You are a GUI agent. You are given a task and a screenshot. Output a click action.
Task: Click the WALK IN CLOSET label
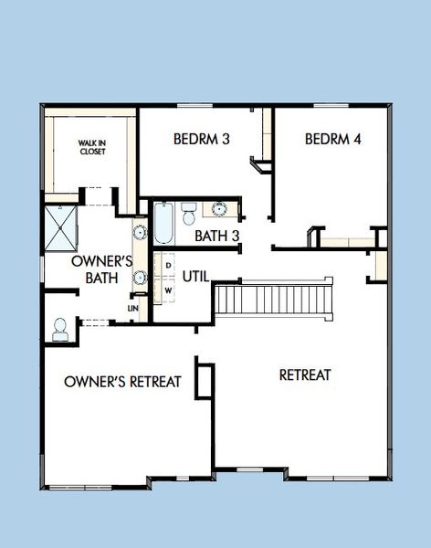coord(91,147)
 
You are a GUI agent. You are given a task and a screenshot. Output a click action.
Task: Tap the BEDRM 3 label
coord(201,140)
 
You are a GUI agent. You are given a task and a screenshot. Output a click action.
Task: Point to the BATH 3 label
coord(217,236)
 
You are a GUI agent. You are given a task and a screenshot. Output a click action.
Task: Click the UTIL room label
coord(195,276)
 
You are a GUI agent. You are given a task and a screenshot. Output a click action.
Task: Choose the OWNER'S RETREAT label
coord(123,381)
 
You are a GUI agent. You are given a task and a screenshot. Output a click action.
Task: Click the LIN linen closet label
coord(133,309)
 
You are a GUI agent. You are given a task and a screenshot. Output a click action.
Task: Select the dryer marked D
coord(169,265)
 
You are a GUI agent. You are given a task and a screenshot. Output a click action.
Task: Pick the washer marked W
coord(169,291)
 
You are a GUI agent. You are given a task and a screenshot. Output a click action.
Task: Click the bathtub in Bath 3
coord(163,223)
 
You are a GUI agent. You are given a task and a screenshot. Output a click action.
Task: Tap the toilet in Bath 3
coord(188,214)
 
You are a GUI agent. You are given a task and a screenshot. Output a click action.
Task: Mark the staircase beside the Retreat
coord(270,299)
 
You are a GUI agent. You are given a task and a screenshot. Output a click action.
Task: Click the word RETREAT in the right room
coord(305,374)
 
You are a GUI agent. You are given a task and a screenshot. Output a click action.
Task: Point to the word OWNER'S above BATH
coord(102,261)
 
